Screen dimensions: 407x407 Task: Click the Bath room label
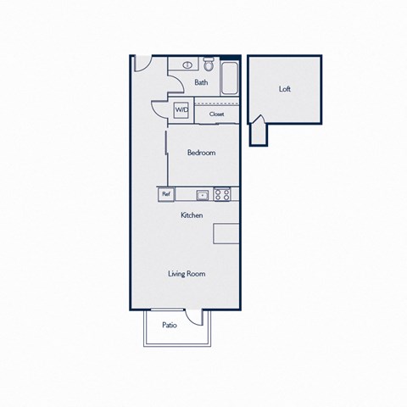click(201, 82)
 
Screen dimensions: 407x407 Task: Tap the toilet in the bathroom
click(209, 64)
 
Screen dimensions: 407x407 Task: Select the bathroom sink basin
click(187, 65)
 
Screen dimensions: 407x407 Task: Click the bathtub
click(230, 78)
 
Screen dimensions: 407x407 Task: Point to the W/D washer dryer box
click(181, 110)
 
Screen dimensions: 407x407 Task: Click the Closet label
click(217, 114)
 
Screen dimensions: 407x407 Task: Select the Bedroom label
click(201, 153)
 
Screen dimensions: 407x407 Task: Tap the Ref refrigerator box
click(166, 194)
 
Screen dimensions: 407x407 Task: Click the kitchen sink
click(203, 195)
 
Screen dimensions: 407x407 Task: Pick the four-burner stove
click(222, 194)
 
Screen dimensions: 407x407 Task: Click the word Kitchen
click(192, 215)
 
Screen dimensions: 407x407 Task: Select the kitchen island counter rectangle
click(226, 233)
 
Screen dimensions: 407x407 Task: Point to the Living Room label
click(187, 274)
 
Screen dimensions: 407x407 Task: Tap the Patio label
click(170, 325)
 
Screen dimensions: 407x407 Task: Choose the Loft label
click(285, 89)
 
